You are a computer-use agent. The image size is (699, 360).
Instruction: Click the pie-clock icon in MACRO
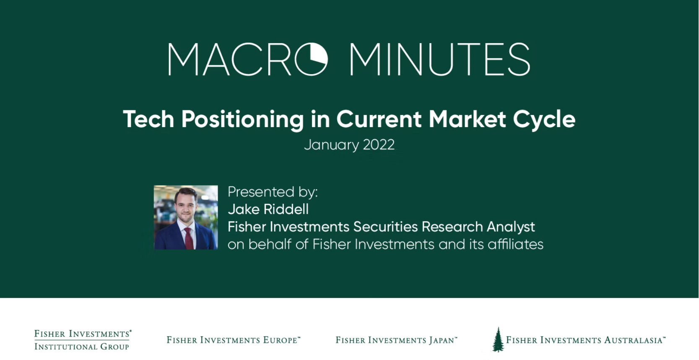311,59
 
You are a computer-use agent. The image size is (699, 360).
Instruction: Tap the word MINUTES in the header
440,59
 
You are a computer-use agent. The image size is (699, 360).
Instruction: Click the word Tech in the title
148,119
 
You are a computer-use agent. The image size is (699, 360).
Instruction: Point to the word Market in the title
467,119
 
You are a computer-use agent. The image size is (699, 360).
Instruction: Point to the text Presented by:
273,192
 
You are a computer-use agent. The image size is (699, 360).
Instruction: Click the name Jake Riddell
268,209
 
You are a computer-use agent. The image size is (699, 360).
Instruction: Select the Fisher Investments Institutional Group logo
83,340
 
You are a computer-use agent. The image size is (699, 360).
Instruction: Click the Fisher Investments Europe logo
234,340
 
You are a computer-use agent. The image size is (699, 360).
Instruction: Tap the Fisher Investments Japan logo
396,340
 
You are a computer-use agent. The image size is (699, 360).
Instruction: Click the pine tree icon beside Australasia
498,340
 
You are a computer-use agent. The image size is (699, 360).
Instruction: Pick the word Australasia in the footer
633,340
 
